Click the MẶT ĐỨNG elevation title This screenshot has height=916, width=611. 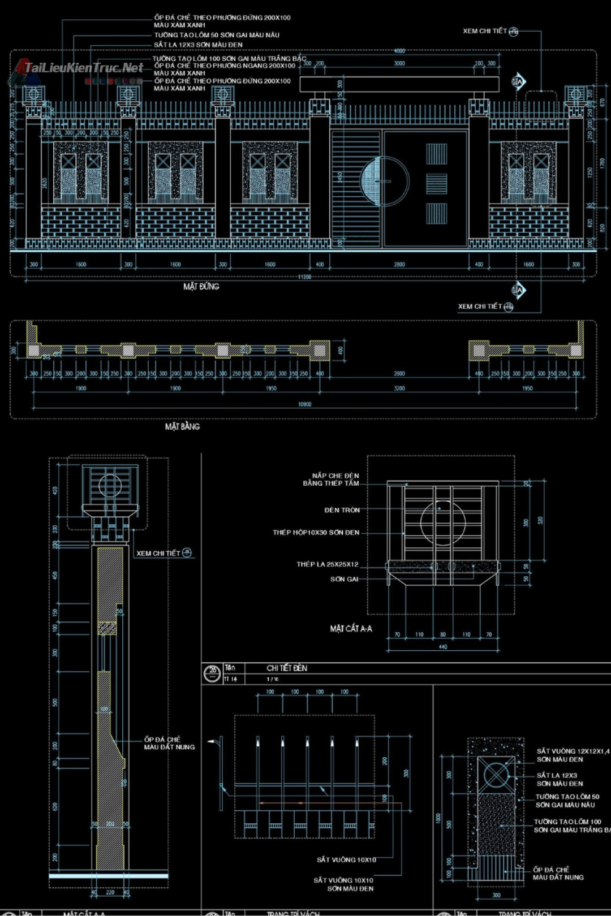201,287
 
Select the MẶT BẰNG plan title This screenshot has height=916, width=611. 182,426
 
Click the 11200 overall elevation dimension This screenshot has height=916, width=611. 304,277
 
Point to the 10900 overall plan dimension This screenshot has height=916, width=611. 304,404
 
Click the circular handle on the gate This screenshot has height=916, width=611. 385,182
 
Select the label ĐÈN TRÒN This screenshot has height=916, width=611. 342,510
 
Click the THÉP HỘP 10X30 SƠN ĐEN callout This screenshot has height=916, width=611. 316,533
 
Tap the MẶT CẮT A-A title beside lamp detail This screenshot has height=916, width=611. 351,629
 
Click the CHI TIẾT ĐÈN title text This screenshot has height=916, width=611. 287,668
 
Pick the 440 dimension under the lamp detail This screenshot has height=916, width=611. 442,647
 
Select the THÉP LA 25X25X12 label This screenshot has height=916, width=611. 327,564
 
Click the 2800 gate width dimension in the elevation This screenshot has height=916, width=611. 399,264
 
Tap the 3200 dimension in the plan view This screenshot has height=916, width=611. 399,388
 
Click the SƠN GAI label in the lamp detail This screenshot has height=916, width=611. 344,579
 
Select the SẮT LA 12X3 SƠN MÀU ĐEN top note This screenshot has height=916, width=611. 198,45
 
